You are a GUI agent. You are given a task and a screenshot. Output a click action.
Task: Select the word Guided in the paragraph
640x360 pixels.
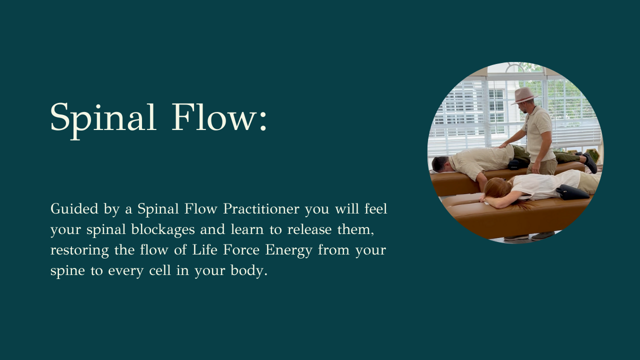[74, 209]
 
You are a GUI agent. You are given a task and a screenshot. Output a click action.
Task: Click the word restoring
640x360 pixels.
[79, 250]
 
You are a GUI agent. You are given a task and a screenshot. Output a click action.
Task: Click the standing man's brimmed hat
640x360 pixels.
[522, 95]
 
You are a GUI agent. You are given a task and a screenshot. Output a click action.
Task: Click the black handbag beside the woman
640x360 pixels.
[572, 192]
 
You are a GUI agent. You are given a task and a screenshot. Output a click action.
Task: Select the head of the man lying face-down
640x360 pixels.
[440, 163]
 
